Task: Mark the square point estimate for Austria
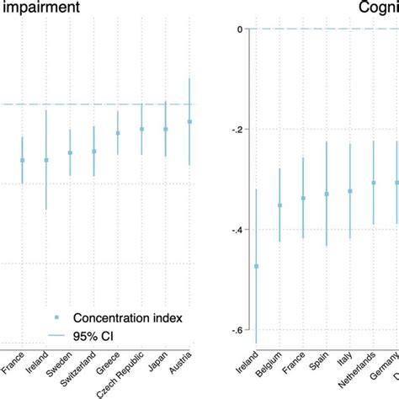click(190, 122)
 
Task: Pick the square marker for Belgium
click(279, 205)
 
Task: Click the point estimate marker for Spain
click(327, 194)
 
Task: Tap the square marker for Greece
click(118, 133)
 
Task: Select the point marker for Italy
click(350, 191)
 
